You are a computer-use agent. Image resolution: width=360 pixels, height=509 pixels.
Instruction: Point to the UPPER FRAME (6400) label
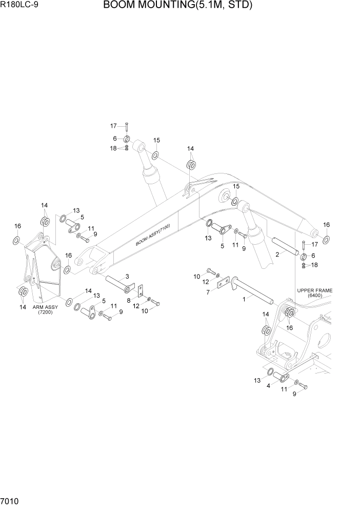pos(314,293)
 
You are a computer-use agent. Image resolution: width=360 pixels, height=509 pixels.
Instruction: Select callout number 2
pos(277,253)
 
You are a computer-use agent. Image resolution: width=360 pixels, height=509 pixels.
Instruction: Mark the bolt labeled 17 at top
pos(126,126)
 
